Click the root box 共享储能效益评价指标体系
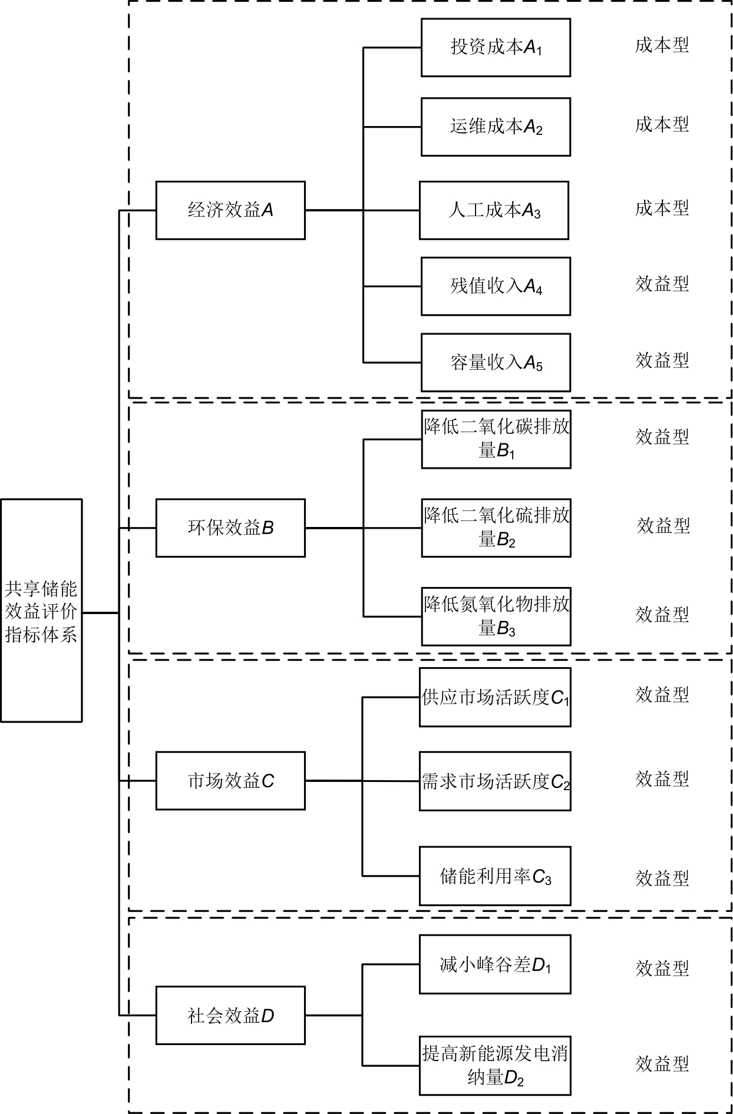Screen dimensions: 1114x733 [x=41, y=611]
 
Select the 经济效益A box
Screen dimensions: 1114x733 [x=230, y=210]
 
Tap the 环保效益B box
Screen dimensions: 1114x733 [x=230, y=528]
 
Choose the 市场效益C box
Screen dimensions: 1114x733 [x=230, y=781]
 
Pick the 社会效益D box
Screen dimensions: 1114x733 [x=230, y=1016]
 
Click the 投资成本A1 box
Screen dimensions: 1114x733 [x=496, y=48]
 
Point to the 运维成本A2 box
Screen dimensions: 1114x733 [x=496, y=127]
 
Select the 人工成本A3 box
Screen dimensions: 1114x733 [x=494, y=210]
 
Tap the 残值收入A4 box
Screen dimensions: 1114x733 [x=496, y=286]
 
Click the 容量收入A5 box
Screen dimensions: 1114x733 [x=496, y=363]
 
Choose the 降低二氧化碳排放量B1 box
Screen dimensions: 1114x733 [x=496, y=439]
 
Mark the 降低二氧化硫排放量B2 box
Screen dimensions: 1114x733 [x=496, y=528]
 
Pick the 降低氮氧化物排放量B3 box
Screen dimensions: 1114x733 [x=496, y=616]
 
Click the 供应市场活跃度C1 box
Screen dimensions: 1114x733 [x=495, y=697]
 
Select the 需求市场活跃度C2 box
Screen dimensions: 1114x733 [x=495, y=781]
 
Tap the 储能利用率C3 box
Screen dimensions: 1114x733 [x=495, y=876]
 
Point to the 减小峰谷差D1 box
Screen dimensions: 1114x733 [x=495, y=964]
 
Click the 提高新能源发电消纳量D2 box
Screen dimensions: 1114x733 [x=495, y=1066]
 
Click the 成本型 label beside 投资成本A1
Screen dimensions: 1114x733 [x=662, y=45]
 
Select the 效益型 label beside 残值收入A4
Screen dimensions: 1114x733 [x=662, y=284]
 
